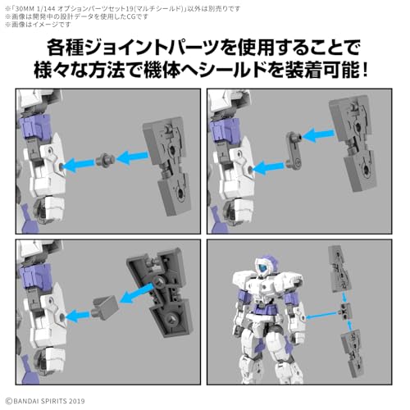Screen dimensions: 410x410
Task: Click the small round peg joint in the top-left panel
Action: coord(106,160)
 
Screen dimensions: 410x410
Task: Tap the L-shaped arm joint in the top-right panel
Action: coord(294,150)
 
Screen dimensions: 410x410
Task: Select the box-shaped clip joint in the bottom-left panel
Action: coord(105,307)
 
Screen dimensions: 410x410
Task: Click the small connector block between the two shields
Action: coord(345,312)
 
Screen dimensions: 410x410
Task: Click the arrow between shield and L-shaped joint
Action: coord(318,136)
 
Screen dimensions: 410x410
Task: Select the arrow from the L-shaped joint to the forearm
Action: coord(268,167)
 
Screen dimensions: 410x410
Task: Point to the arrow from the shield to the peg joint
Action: coord(132,157)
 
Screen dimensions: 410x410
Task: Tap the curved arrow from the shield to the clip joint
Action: coord(136,294)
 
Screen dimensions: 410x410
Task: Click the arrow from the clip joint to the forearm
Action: coord(78,316)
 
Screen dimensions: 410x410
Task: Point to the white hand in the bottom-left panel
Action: coord(52,357)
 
